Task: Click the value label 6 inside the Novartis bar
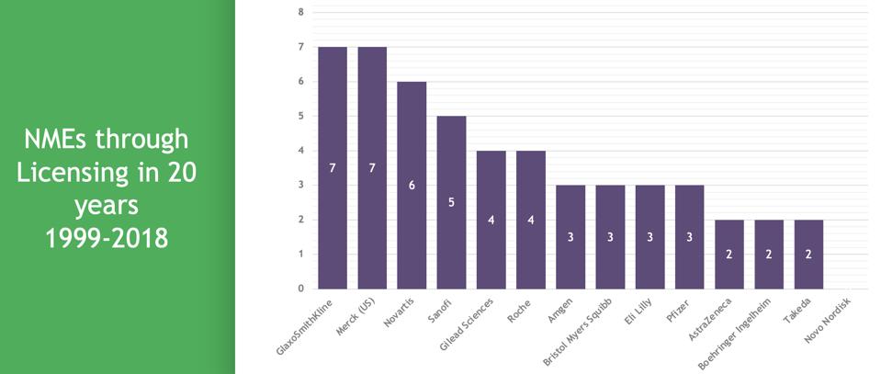point(412,185)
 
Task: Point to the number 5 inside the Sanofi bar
point(451,203)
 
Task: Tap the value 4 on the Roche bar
point(530,220)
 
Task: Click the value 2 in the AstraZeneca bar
point(729,254)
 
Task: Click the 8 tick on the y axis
point(300,12)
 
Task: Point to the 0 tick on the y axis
point(300,289)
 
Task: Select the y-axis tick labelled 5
point(300,116)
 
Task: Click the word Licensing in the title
point(73,171)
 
